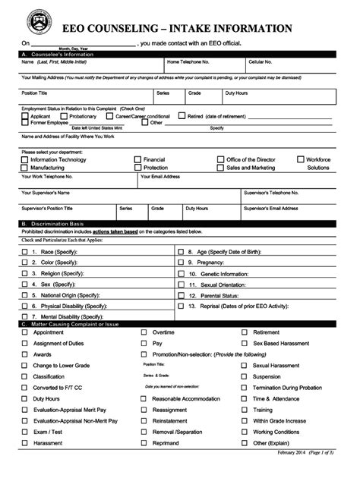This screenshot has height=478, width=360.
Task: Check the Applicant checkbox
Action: tap(25, 116)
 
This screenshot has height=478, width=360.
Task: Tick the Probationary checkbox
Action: tap(64, 116)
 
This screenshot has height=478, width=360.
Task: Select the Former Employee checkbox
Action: tap(25, 122)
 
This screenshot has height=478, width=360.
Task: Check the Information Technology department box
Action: tap(25, 160)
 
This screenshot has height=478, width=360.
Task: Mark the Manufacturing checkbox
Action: tap(25, 168)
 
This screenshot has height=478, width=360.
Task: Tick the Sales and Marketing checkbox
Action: tap(221, 168)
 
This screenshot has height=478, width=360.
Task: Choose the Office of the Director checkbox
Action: tap(221, 160)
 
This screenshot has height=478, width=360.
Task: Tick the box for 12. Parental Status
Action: tap(180, 294)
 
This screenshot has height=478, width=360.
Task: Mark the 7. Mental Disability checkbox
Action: tap(25, 315)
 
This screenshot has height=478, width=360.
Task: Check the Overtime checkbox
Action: tap(144, 332)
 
